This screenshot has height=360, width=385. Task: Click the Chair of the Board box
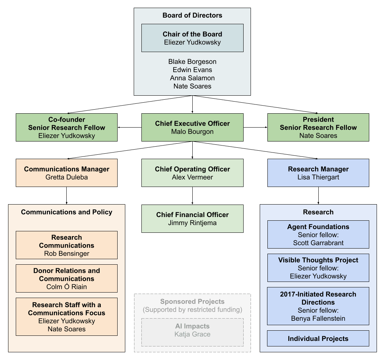[192, 38]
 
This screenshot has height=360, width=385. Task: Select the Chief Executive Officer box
[192, 127]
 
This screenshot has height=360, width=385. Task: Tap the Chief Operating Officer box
[192, 173]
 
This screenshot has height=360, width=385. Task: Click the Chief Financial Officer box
[192, 218]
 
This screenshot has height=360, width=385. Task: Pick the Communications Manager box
[67, 173]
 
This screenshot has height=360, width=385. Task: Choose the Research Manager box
[318, 173]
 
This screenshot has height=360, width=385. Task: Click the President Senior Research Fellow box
[318, 127]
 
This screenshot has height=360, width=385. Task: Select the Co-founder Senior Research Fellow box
[67, 127]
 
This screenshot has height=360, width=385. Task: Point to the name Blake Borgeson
[192, 62]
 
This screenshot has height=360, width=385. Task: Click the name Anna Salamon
[192, 78]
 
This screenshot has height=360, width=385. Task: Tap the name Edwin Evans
[192, 70]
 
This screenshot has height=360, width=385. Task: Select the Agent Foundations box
[318, 234]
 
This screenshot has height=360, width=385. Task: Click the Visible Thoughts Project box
[318, 268]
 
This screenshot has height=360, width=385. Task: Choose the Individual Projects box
[318, 338]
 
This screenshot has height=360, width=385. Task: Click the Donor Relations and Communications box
[67, 278]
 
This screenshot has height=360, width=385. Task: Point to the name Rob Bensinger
[67, 254]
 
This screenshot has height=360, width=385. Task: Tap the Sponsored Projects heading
[192, 302]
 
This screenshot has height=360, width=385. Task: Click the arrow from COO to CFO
[192, 196]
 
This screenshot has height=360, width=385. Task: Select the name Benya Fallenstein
[318, 319]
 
